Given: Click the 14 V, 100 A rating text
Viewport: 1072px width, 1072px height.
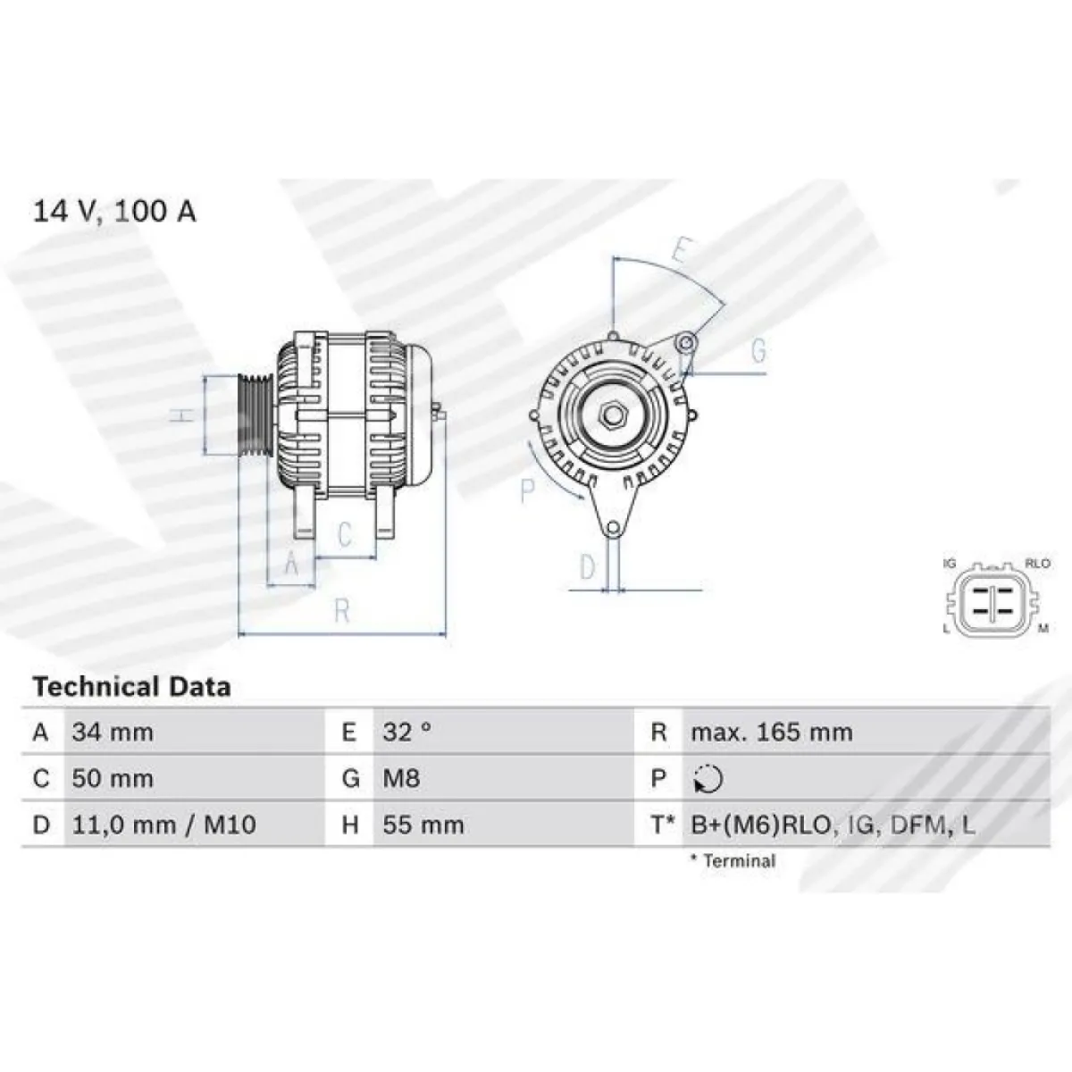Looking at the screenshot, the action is [x=114, y=212].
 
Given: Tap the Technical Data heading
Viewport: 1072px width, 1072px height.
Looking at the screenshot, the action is [x=132, y=687].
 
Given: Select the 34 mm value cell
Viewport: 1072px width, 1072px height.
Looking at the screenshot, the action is [x=113, y=733].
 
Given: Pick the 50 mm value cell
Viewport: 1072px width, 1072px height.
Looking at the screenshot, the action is [x=113, y=778].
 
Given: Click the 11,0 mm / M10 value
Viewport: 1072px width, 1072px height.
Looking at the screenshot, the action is [x=164, y=825].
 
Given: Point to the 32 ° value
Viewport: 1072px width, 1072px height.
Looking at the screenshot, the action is [x=406, y=733].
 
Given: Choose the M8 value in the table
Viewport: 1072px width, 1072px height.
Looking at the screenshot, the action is [x=401, y=778].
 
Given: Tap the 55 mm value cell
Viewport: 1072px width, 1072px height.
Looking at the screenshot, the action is [x=423, y=825].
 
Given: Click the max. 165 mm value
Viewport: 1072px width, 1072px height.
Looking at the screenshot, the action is [x=772, y=733].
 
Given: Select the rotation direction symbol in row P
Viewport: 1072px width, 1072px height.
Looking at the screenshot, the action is [x=708, y=779].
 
